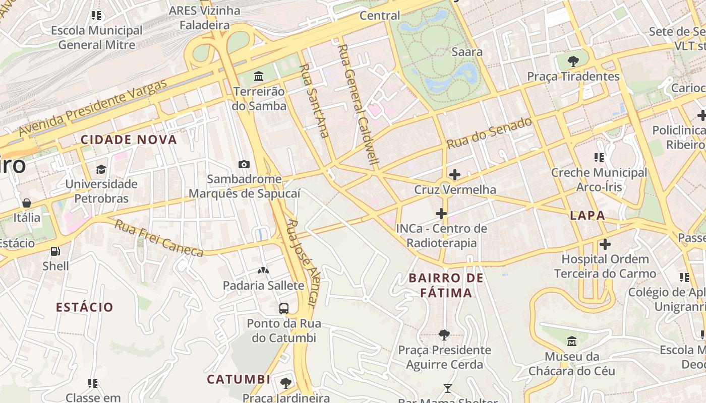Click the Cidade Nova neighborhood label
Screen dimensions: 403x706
click(x=129, y=140)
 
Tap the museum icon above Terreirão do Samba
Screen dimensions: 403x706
click(x=259, y=77)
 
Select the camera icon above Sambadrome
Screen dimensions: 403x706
click(x=244, y=164)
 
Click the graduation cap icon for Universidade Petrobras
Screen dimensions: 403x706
click(x=101, y=169)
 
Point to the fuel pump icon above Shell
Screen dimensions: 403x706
click(x=55, y=251)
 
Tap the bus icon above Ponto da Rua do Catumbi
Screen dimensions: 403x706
click(x=284, y=308)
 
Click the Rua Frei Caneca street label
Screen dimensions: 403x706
click(x=159, y=238)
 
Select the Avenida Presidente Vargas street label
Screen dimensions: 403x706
click(x=93, y=108)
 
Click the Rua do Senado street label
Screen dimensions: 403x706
click(x=489, y=133)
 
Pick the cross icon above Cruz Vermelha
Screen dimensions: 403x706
click(x=455, y=175)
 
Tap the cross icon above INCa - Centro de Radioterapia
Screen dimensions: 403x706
click(x=441, y=214)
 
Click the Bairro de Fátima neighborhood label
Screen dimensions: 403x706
click(x=446, y=285)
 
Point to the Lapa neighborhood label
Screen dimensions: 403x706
click(x=587, y=216)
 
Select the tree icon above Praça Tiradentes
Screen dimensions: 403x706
click(x=573, y=61)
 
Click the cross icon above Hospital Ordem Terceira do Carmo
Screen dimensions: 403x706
click(x=605, y=245)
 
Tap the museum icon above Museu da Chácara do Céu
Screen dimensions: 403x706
click(x=572, y=342)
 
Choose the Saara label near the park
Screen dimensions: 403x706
click(x=467, y=51)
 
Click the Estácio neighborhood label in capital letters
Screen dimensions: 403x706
click(x=85, y=307)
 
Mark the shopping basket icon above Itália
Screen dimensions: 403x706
click(x=27, y=203)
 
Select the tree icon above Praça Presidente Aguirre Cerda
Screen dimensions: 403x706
click(x=444, y=334)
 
